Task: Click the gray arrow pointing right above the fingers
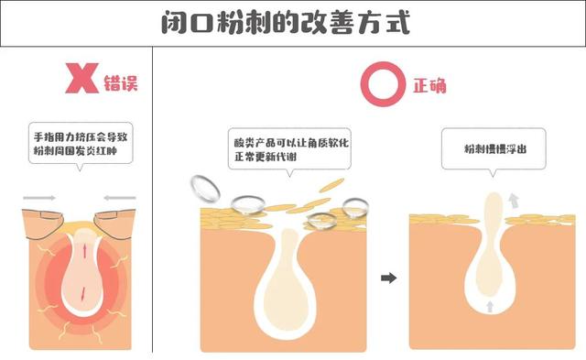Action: (39, 196)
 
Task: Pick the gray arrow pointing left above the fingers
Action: (120, 196)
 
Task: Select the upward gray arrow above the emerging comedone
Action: (514, 199)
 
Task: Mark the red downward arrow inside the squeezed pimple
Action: (81, 295)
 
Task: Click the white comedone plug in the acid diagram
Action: (284, 284)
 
